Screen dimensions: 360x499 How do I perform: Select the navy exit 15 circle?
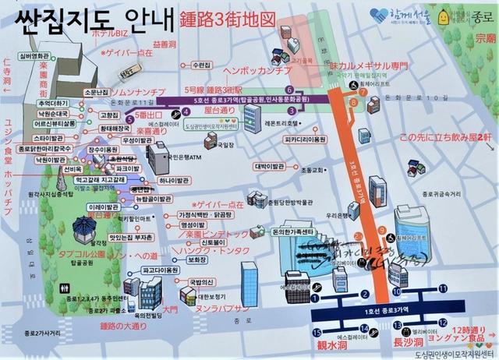(316, 295)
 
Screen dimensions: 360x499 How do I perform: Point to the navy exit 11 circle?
(443, 289)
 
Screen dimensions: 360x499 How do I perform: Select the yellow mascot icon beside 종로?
(444, 16)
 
